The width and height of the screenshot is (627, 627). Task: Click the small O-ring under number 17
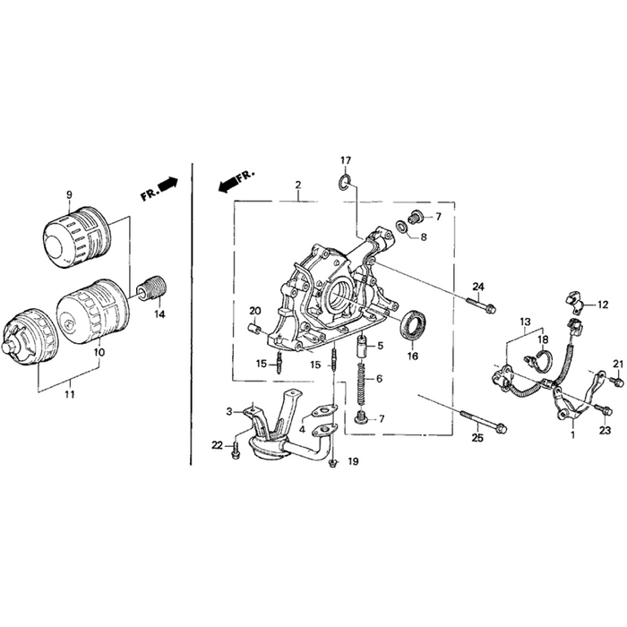tap(344, 185)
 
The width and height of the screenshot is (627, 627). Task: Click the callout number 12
tap(602, 305)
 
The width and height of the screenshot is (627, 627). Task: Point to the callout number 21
tap(616, 362)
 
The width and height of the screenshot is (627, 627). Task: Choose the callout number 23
tap(604, 431)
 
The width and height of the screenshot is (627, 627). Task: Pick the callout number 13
tap(525, 321)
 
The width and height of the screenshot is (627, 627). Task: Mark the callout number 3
tap(229, 411)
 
